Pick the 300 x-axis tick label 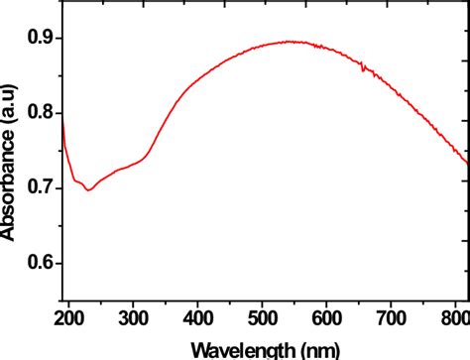tap(137, 318)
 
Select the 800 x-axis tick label tap(455, 318)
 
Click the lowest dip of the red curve tap(89, 189)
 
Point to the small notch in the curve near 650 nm tap(362, 68)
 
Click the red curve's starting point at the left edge tap(62, 121)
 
